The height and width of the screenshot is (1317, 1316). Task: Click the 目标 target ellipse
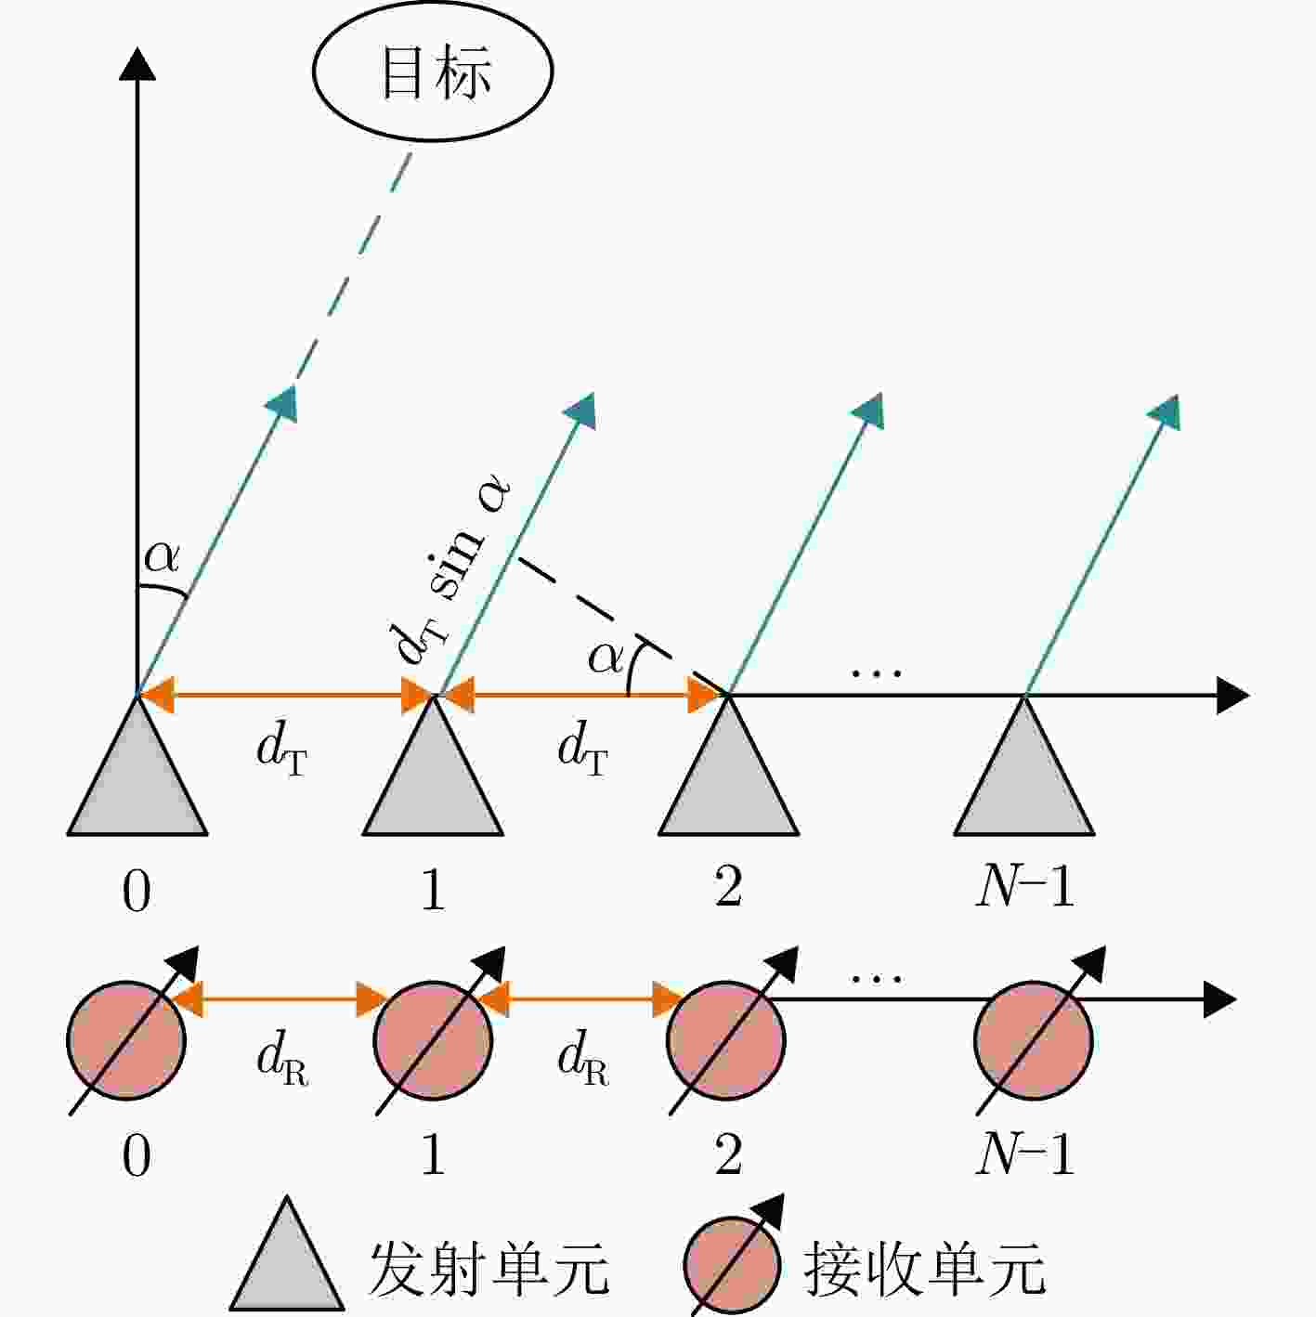click(x=433, y=71)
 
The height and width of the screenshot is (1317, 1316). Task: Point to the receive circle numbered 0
click(x=125, y=1040)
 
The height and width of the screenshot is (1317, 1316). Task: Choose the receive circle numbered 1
click(x=433, y=1040)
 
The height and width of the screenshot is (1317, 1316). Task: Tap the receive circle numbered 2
click(x=726, y=1040)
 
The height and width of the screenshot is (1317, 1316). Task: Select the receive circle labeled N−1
click(x=1033, y=1040)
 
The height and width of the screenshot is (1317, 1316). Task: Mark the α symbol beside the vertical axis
click(x=162, y=557)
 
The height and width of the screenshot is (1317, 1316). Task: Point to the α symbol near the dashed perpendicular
click(x=606, y=658)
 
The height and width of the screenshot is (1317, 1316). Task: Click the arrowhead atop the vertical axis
click(x=137, y=63)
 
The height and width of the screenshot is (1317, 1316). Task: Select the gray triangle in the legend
click(x=286, y=1253)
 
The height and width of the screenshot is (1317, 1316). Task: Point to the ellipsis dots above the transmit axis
click(x=877, y=674)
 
